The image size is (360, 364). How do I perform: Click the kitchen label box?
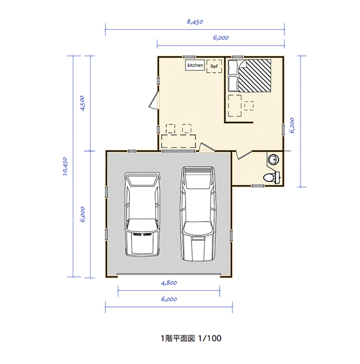[195, 65]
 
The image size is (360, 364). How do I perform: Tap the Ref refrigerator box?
[214, 67]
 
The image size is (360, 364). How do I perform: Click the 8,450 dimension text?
[195, 22]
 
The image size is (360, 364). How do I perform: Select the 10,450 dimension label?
[65, 167]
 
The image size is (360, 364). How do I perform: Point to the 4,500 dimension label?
[82, 103]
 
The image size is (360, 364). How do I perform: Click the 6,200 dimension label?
[292, 125]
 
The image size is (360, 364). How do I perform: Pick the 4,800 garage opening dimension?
[169, 283]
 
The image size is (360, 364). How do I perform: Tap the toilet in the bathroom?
[272, 178]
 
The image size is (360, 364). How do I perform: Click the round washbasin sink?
[274, 159]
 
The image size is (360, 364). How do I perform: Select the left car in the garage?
[142, 214]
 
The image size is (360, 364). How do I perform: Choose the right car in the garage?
[198, 213]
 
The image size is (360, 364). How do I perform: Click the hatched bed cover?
[255, 76]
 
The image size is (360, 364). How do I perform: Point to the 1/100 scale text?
[210, 339]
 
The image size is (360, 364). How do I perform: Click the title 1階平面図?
[178, 339]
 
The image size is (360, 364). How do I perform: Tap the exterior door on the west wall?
[154, 100]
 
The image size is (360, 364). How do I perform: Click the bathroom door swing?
[244, 155]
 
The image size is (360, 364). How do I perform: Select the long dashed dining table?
[178, 141]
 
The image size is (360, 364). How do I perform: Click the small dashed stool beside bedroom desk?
[249, 106]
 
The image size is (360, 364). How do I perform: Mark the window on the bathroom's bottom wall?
[258, 186]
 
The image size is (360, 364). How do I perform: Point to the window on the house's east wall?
[283, 130]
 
